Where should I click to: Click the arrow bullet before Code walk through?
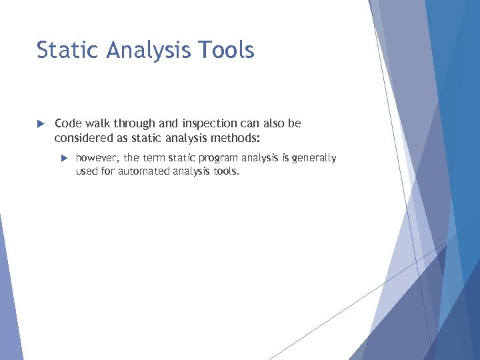coord(40,124)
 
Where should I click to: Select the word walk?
coord(97,123)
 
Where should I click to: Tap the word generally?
coord(314,159)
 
